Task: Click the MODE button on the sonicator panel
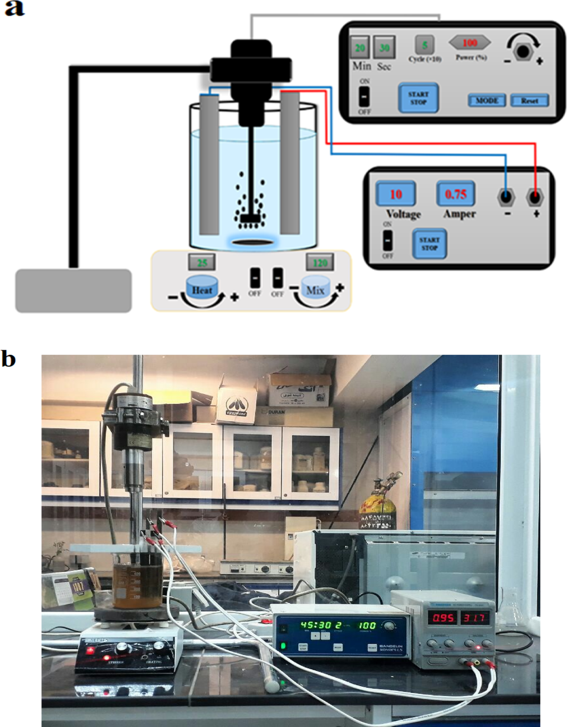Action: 487,101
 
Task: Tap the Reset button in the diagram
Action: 529,101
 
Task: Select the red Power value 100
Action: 469,43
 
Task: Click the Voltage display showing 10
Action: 396,194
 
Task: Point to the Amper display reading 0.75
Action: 455,194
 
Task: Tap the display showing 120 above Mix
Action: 320,263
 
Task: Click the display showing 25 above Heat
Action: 202,263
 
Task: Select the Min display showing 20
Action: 360,48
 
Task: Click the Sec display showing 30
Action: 384,48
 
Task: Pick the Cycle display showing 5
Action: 424,45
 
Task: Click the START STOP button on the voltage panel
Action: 429,244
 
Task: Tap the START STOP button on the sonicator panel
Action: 418,98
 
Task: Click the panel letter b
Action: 9,359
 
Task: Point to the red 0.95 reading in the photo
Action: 444,618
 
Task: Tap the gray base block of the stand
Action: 73,291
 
